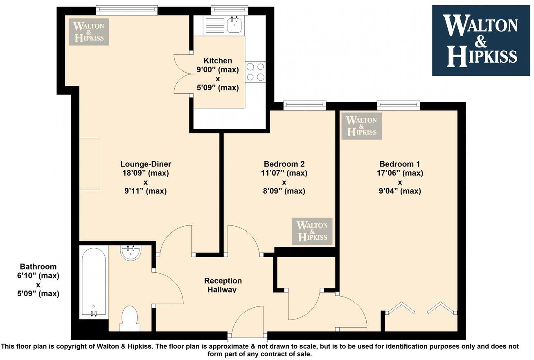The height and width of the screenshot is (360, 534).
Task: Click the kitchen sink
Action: coord(234,25)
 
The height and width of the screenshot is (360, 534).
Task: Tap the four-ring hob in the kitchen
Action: coord(255,72)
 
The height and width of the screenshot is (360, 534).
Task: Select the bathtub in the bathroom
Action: coord(94,282)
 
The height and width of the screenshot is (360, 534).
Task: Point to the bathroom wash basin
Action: coord(131,252)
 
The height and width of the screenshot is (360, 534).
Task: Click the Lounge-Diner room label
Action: coord(143,164)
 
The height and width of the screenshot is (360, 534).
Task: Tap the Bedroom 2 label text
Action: coord(284,164)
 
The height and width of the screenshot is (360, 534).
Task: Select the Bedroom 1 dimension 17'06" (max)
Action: coord(399,173)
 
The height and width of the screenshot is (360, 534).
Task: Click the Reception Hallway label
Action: coord(223,285)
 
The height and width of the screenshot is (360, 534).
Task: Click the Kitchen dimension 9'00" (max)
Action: coord(218,70)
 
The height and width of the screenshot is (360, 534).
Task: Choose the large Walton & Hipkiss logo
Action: coord(481,40)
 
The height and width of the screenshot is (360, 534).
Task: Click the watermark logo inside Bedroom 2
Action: coord(312,231)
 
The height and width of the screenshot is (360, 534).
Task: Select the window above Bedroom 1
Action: coord(398,106)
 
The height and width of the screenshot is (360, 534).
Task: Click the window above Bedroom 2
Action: coord(305,106)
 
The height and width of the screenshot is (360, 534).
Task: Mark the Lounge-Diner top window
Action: coord(126,10)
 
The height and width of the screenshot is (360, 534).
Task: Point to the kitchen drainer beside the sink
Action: coord(214,25)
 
